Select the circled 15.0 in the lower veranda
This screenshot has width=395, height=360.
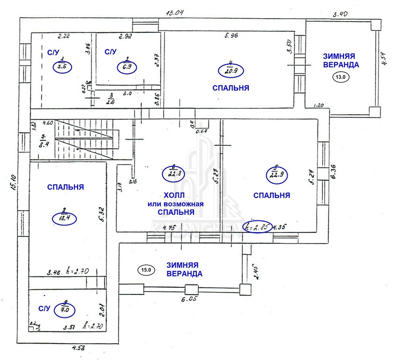pyautogui.click(x=146, y=270)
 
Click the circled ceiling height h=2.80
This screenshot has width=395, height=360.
pyautogui.click(x=258, y=227)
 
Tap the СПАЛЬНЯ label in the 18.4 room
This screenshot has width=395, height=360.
pyautogui.click(x=66, y=187)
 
